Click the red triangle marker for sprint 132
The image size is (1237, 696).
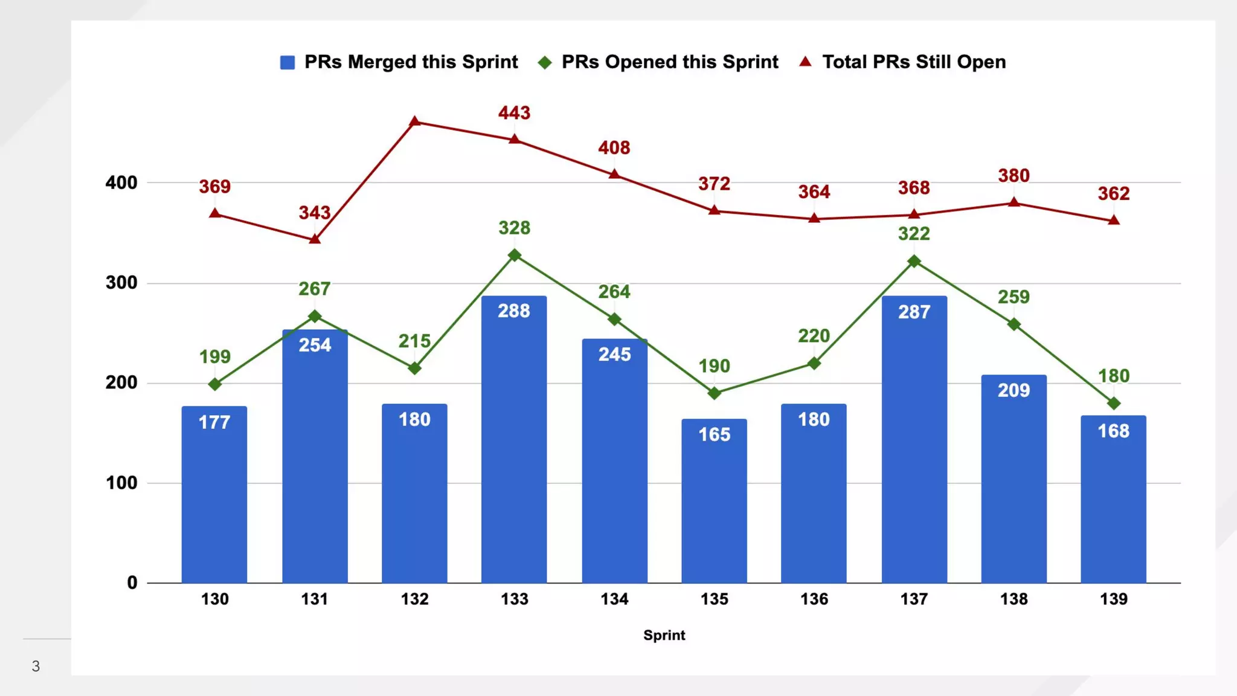414,121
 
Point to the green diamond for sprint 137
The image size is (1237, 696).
914,261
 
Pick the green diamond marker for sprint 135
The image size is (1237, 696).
714,393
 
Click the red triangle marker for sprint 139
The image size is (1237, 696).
1114,221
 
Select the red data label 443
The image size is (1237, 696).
514,113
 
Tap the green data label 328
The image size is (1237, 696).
514,228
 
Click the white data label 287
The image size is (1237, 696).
914,312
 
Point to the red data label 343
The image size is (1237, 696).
315,213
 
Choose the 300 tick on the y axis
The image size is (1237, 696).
121,283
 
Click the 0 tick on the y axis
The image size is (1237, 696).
132,582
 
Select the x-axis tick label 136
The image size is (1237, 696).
814,599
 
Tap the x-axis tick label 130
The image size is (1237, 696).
214,599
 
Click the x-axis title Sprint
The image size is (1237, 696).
664,635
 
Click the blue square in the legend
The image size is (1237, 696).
288,62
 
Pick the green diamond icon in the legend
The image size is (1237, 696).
545,62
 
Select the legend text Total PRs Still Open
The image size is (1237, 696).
914,62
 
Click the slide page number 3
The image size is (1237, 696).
36,666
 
